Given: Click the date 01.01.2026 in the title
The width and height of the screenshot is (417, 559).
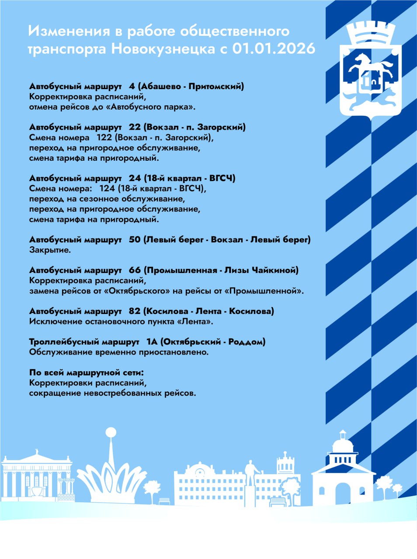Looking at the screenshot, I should (273, 48).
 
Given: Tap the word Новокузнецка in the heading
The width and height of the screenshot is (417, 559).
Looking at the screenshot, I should (163, 48).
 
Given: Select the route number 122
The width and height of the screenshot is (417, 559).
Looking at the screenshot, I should (104, 138).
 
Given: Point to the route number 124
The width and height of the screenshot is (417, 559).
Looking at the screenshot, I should (107, 189).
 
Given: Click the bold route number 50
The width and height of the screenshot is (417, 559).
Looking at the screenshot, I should (135, 240).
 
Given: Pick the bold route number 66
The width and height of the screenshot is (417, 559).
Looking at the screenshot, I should (135, 270).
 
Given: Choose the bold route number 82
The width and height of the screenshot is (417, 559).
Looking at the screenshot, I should (135, 311).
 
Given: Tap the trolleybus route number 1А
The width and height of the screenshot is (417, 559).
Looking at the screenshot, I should (152, 342).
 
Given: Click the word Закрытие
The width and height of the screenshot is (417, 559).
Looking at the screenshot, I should (50, 250).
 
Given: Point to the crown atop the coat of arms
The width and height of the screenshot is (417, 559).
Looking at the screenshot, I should (370, 33).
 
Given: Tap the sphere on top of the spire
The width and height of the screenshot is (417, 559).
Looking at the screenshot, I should (111, 432).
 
